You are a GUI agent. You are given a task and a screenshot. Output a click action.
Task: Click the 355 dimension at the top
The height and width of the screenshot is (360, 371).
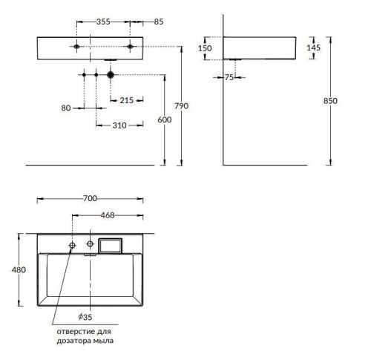click(103, 22)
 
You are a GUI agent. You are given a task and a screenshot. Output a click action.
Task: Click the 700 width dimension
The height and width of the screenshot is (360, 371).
click(91, 199)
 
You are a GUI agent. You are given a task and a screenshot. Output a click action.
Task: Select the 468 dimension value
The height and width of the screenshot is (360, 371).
click(108, 216)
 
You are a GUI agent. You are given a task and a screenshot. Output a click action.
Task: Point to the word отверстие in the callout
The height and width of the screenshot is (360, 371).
click(69, 332)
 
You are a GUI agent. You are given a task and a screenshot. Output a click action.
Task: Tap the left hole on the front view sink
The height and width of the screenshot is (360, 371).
click(75, 47)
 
